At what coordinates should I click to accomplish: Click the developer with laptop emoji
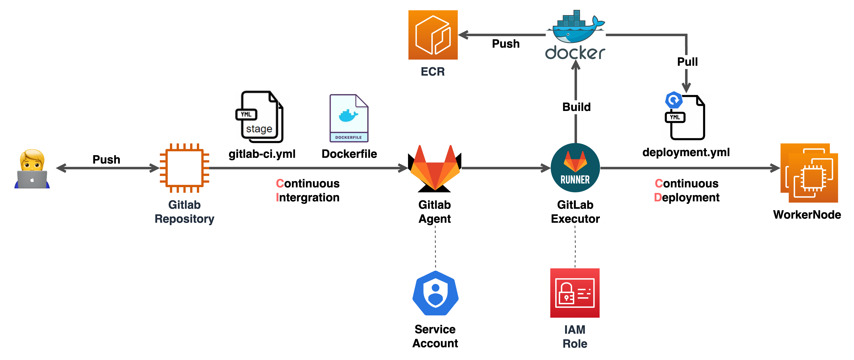pyautogui.click(x=32, y=169)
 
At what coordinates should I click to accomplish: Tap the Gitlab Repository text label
pyautogui.click(x=184, y=212)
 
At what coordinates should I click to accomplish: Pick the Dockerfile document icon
pyautogui.click(x=349, y=118)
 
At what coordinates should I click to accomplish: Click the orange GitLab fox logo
pyautogui.click(x=435, y=167)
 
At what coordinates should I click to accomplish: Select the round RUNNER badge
pyautogui.click(x=575, y=168)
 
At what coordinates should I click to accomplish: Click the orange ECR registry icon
pyautogui.click(x=433, y=35)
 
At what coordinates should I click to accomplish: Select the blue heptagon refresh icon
pyautogui.click(x=674, y=100)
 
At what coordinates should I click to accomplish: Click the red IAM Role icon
pyautogui.click(x=575, y=293)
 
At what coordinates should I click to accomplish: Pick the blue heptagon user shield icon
pyautogui.click(x=435, y=293)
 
